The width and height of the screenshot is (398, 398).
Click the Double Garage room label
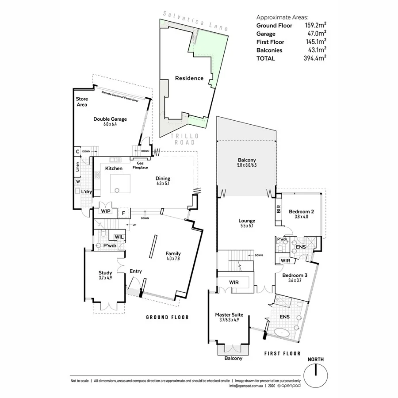coord(110,119)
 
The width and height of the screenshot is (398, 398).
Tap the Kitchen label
coord(114,168)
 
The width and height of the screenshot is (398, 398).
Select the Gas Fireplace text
coord(142,165)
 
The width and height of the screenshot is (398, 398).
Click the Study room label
coord(105,273)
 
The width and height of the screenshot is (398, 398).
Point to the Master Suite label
coord(229,315)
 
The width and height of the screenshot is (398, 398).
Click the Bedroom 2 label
coord(301,212)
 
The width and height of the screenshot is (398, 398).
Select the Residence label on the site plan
coord(189,78)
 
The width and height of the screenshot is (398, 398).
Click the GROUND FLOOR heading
coord(167,317)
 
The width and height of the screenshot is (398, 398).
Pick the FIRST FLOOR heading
coord(282,353)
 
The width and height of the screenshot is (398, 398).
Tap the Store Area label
coord(82,102)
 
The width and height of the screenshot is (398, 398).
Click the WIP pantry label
coord(106,211)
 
